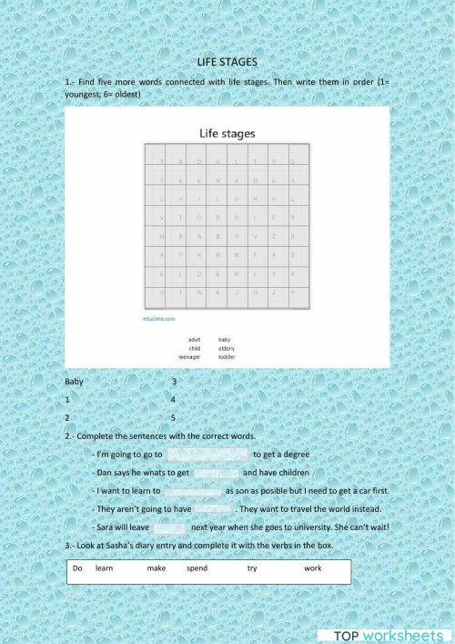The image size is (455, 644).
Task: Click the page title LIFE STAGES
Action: tap(227, 62)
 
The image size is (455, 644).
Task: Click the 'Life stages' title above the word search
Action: tap(227, 133)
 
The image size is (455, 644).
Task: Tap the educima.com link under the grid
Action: tap(159, 320)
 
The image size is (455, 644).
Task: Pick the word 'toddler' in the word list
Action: tap(227, 357)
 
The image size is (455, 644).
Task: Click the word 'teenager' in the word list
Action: tap(188, 357)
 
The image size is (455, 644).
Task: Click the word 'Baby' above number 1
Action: tap(76, 382)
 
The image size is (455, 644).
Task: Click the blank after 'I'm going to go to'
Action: tap(207, 454)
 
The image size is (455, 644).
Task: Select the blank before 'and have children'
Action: tap(216, 473)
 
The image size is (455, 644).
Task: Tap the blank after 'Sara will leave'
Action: tap(170, 527)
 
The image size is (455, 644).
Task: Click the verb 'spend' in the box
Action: tap(197, 567)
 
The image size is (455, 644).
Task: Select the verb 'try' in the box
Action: tap(252, 567)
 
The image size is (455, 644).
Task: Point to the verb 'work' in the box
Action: tap(313, 567)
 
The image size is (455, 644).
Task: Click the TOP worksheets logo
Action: tap(387, 635)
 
